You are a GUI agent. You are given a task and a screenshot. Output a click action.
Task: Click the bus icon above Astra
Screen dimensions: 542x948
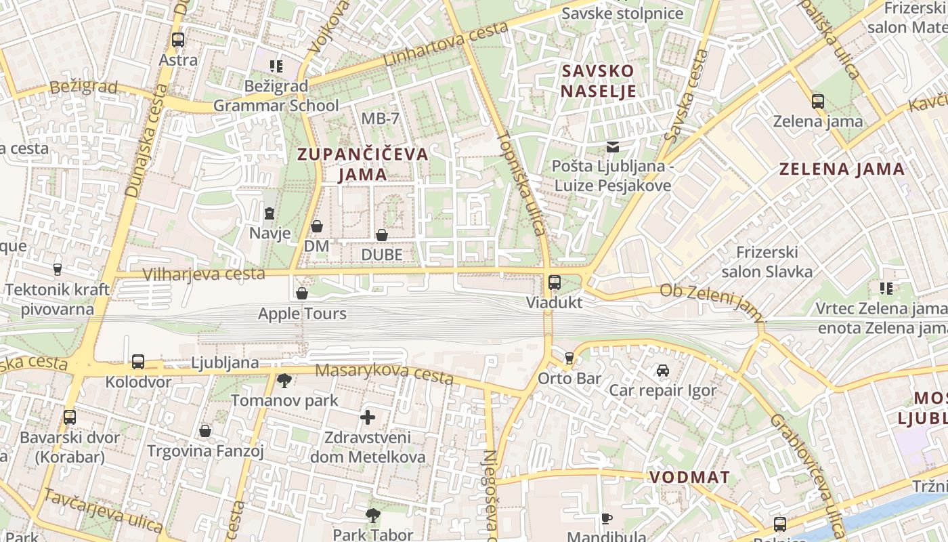(x=178, y=40)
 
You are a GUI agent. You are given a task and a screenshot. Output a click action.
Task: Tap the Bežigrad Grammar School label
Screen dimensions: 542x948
(x=276, y=96)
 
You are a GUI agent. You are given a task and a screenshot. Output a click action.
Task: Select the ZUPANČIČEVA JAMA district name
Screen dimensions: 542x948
(x=363, y=164)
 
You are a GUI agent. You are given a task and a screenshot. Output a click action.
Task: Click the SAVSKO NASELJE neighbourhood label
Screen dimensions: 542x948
(x=598, y=81)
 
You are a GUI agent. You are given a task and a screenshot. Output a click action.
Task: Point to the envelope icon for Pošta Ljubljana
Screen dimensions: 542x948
(x=613, y=147)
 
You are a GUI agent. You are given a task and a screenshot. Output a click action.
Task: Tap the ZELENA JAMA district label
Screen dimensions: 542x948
(x=842, y=169)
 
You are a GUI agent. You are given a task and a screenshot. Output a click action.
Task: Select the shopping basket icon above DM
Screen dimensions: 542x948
(x=317, y=226)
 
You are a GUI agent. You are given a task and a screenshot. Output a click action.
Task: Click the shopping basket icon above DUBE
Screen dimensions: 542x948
(x=382, y=235)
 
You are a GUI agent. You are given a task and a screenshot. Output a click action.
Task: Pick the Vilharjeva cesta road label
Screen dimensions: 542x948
(x=204, y=274)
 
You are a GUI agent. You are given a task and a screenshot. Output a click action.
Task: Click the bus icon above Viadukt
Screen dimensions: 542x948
(x=555, y=283)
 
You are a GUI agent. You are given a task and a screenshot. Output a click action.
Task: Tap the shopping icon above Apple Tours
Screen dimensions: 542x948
(x=302, y=293)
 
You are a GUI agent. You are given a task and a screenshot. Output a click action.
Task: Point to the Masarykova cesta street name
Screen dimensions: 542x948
(x=384, y=373)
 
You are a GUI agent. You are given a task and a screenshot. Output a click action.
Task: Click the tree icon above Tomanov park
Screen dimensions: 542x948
(x=284, y=381)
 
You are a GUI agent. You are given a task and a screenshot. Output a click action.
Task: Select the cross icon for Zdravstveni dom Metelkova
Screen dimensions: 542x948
(x=368, y=417)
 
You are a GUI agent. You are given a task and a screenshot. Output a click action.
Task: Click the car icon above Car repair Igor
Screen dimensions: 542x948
(x=662, y=371)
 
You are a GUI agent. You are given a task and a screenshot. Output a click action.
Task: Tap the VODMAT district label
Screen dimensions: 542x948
(x=689, y=477)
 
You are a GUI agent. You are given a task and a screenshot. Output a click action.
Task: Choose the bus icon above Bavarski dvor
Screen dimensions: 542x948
(x=70, y=417)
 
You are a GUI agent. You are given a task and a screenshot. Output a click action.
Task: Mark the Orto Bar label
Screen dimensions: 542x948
(x=569, y=378)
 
